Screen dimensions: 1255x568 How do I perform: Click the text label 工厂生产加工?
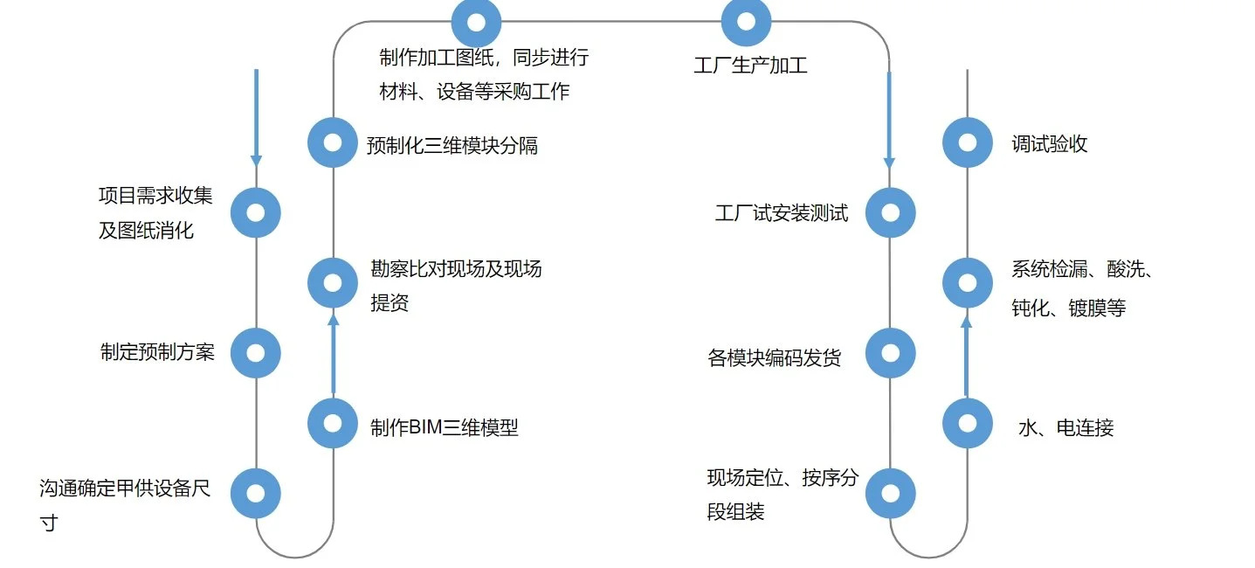click(x=751, y=65)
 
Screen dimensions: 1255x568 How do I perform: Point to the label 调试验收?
click(x=1050, y=144)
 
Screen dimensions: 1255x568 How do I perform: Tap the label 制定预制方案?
click(x=157, y=352)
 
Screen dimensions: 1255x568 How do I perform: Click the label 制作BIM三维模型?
click(x=445, y=427)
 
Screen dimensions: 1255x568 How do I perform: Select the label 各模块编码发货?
click(x=775, y=357)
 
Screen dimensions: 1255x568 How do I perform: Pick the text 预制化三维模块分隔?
click(x=452, y=145)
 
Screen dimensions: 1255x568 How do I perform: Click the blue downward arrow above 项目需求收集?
click(x=256, y=118)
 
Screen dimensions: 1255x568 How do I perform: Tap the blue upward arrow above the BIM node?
click(x=334, y=355)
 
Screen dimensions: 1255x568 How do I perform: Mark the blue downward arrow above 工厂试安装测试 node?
click(x=889, y=120)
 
